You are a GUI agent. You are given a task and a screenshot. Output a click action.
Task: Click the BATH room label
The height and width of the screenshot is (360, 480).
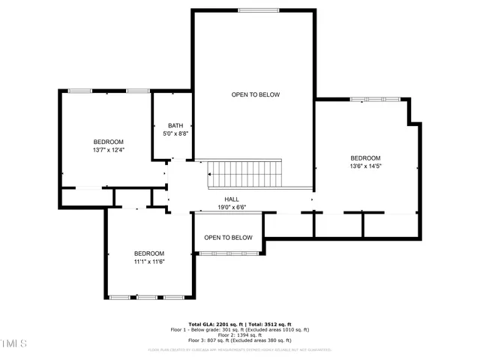tap(175, 125)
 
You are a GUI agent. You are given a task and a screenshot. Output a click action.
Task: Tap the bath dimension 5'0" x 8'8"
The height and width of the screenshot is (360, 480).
tap(175, 133)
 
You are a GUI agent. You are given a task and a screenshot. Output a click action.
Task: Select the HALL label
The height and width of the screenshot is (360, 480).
tap(232, 199)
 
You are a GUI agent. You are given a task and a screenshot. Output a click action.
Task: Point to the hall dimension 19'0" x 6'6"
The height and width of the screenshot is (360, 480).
tap(232, 208)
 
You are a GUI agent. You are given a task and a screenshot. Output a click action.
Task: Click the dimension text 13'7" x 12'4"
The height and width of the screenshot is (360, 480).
tap(108, 150)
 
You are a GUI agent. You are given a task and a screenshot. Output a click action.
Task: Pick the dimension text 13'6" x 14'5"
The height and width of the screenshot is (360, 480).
tap(365, 166)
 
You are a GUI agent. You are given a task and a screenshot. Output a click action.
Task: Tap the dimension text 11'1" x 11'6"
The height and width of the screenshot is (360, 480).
tap(148, 262)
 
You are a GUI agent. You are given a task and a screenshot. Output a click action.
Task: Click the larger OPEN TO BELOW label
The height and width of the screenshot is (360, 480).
tap(255, 94)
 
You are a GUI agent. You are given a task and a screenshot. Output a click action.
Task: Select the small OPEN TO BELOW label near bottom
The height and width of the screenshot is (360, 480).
tap(228, 238)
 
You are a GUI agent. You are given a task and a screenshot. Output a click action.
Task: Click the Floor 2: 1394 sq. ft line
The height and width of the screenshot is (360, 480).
tap(240, 334)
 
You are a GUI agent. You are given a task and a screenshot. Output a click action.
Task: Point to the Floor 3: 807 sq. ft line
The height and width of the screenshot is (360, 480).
tap(240, 340)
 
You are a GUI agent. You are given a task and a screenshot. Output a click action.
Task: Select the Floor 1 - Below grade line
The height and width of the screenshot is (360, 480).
tap(240, 329)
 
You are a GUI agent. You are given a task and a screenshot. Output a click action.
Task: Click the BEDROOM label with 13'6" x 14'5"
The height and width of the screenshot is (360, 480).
tap(365, 158)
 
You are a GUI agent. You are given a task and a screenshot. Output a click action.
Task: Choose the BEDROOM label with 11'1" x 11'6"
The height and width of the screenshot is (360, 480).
tap(148, 253)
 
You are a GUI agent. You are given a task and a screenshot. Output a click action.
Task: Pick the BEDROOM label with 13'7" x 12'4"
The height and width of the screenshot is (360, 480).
tap(108, 142)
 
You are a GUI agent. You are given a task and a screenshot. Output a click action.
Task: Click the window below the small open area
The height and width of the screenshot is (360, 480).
tap(228, 254)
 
